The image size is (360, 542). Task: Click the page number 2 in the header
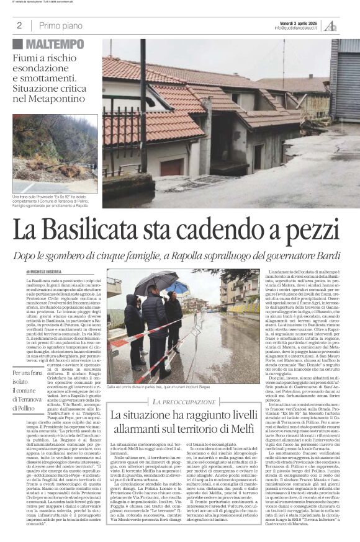(x=19, y=25)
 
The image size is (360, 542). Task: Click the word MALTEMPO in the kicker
(x=55, y=44)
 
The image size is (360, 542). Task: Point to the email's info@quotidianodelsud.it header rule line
(x=180, y=34)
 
